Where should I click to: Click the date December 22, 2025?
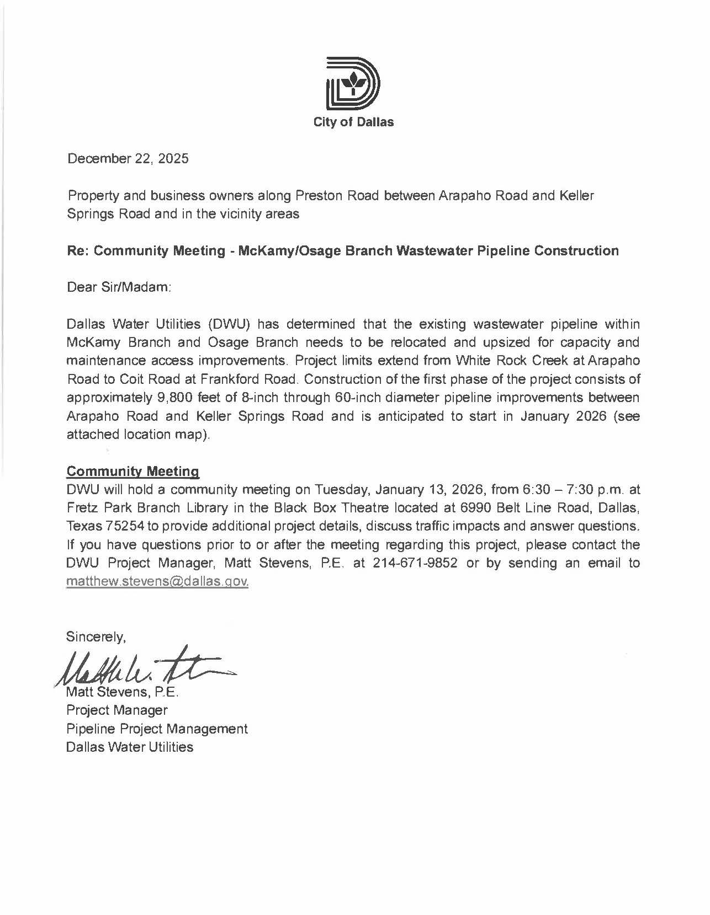click(x=128, y=159)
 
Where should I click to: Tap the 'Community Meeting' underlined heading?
click(x=133, y=472)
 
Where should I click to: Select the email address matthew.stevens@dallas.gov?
click(x=157, y=582)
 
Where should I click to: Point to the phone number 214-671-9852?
click(x=415, y=563)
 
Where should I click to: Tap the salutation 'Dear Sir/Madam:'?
click(x=119, y=287)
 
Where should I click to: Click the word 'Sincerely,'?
click(x=96, y=636)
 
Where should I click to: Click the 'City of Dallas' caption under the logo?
click(x=353, y=122)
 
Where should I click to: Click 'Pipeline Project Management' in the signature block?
click(x=157, y=729)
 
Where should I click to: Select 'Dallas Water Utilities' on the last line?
click(x=130, y=747)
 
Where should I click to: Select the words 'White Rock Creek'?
click(x=512, y=361)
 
